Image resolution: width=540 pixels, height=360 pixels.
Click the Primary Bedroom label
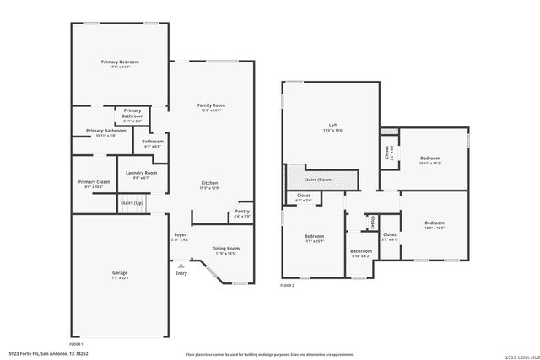point(121,62)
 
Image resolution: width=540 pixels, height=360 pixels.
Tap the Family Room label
point(211,105)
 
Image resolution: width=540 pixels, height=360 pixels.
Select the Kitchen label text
point(210,183)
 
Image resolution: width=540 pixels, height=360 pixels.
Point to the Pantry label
point(242,212)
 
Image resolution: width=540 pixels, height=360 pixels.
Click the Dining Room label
point(225,249)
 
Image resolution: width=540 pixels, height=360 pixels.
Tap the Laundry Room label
point(141,173)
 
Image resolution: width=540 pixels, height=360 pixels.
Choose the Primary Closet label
point(94,182)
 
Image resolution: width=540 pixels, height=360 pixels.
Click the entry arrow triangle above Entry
point(181,265)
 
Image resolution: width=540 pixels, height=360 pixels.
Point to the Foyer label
point(181,235)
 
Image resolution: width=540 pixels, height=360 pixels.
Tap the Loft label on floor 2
point(329,126)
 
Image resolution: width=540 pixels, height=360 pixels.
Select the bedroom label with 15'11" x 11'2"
point(430,159)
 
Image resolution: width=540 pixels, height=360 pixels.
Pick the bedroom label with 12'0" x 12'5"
point(434,223)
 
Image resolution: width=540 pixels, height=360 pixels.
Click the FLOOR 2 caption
point(289,286)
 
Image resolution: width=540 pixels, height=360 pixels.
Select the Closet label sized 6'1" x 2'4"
point(303,198)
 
